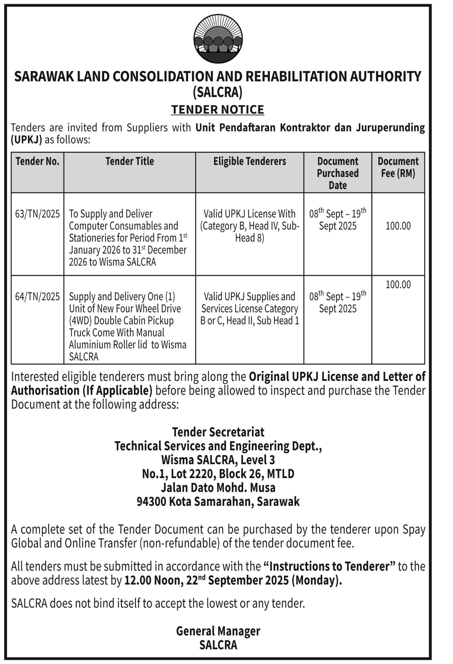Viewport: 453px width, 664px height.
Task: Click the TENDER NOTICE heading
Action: (218, 109)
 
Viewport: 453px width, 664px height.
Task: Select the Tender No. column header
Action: (37, 161)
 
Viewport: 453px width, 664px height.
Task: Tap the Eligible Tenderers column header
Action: (250, 161)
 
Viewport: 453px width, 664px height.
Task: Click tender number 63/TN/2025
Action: (37, 214)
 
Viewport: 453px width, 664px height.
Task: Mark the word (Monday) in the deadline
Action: (316, 580)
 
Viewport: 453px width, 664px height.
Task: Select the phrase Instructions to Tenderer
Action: (329, 566)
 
